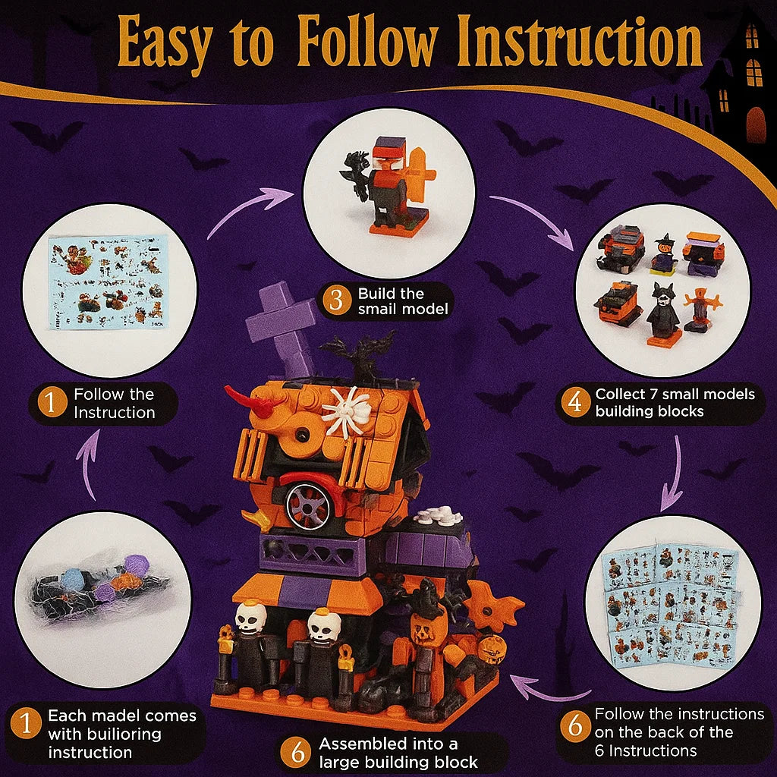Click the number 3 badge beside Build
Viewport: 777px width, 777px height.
tap(332, 301)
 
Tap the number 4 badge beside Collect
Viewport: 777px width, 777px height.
tap(574, 402)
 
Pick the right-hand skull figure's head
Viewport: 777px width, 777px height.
tap(325, 624)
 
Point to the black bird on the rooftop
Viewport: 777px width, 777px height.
tap(358, 354)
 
